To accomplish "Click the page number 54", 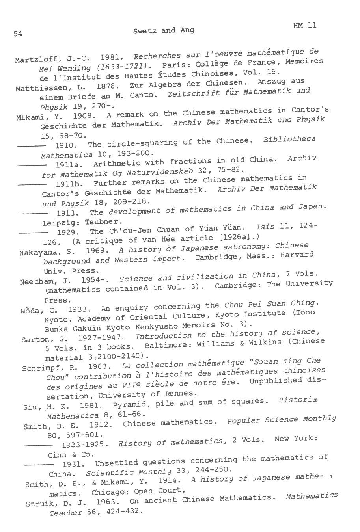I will pos(18,34).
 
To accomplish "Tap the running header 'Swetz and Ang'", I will pos(164,30).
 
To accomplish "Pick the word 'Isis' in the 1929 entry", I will pos(263,227).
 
